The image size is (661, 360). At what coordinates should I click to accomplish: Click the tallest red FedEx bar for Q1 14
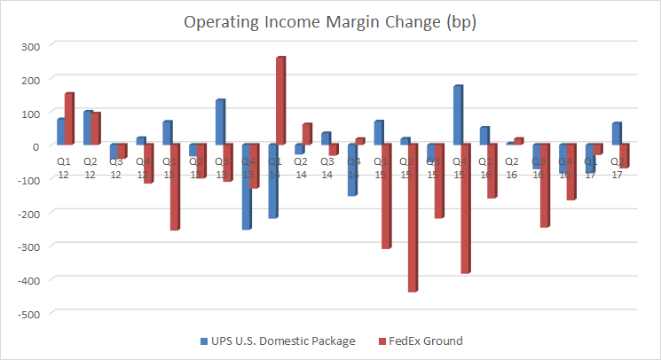[280, 100]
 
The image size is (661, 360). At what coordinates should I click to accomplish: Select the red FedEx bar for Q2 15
[413, 217]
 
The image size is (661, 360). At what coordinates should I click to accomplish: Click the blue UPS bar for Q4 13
[246, 186]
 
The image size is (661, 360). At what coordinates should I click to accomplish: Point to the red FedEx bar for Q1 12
[69, 118]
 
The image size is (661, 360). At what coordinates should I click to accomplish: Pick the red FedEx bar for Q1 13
[175, 187]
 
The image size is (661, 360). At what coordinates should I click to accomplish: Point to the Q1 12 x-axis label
[63, 169]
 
